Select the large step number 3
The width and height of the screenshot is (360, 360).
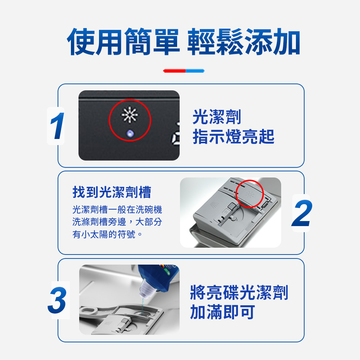[x=57, y=300]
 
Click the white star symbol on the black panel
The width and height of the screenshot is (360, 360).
[x=130, y=114]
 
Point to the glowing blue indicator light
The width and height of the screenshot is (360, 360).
[x=130, y=133]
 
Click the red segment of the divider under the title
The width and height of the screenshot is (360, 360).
[x=174, y=71]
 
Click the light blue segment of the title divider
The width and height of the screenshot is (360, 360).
[x=195, y=71]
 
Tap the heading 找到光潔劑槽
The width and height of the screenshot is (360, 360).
[x=112, y=192]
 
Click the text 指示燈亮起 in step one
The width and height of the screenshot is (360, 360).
[x=234, y=136]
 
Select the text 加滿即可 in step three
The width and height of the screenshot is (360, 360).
[x=222, y=312]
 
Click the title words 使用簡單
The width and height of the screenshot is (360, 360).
[x=123, y=42]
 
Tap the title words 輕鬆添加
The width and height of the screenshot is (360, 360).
[x=244, y=42]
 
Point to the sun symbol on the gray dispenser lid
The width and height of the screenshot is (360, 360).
[x=249, y=195]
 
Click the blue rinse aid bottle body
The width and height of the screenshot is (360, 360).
[x=161, y=275]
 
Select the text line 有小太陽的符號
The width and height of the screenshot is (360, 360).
[x=107, y=234]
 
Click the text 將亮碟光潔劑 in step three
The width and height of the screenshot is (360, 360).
[x=239, y=292]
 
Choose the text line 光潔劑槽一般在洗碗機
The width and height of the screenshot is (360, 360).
[x=117, y=210]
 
